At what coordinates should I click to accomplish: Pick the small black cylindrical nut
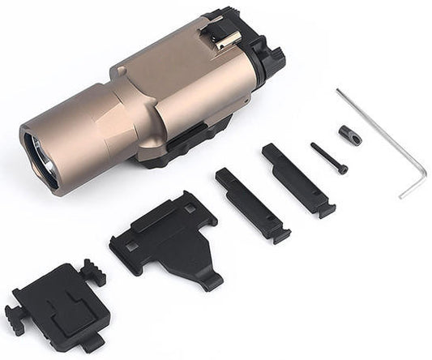350,135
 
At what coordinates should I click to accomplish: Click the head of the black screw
343,169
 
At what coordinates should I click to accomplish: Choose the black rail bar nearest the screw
297,180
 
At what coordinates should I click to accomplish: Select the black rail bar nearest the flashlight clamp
251,204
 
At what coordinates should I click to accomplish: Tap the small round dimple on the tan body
122,71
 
